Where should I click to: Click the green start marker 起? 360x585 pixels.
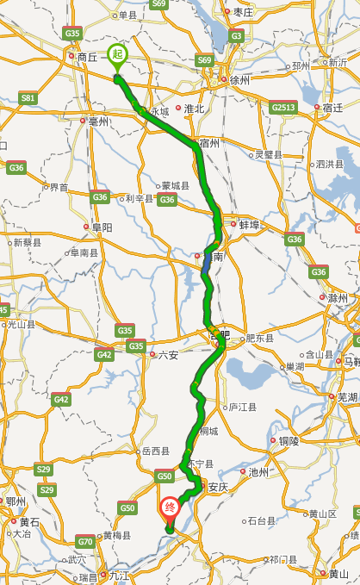(x=117, y=54)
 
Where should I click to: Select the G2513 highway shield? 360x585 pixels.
(x=282, y=108)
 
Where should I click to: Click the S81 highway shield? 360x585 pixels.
(x=28, y=98)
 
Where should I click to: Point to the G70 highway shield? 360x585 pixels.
(x=84, y=542)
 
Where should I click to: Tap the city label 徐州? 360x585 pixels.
(x=238, y=80)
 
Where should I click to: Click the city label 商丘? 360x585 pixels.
(x=87, y=57)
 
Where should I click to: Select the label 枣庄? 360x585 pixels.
(x=242, y=12)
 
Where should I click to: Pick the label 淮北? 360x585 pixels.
(x=194, y=109)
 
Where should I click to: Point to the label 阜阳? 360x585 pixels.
(x=102, y=227)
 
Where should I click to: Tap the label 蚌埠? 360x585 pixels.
(x=249, y=224)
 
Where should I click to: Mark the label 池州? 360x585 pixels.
(x=258, y=472)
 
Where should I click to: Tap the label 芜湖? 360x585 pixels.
(x=347, y=397)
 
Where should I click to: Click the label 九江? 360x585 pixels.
(x=118, y=575)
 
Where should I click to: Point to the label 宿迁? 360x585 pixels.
(x=332, y=108)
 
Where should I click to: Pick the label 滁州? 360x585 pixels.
(x=337, y=298)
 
